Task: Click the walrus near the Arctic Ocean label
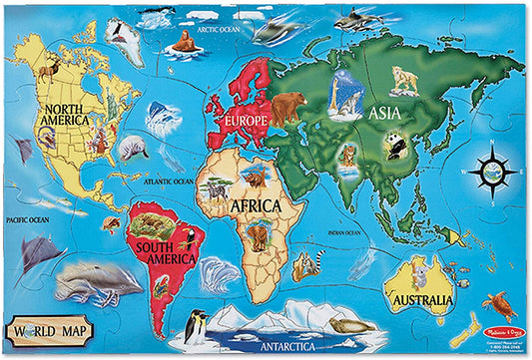coord(182,41)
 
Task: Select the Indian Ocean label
coord(344,234)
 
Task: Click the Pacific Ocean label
coord(27,218)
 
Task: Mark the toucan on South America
coord(186,238)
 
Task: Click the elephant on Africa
coord(260,236)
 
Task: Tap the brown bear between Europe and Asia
coord(288,106)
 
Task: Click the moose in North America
coord(50,69)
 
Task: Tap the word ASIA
coord(385,113)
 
